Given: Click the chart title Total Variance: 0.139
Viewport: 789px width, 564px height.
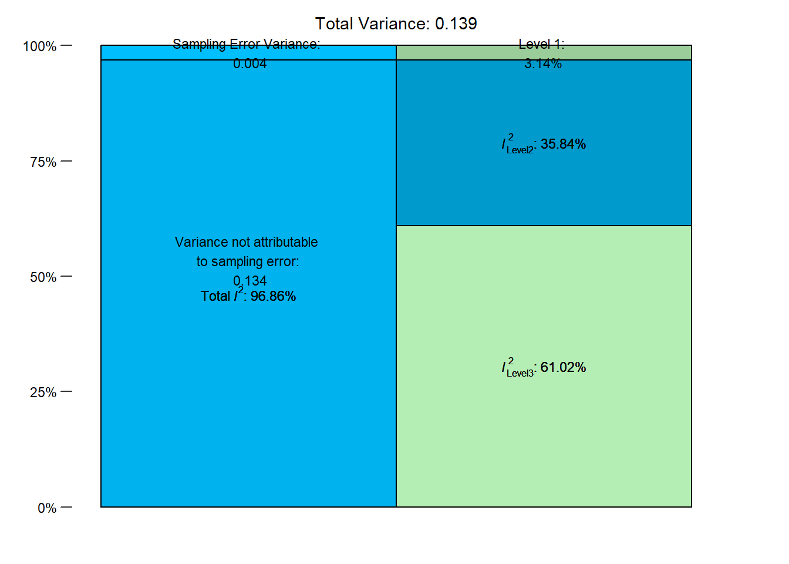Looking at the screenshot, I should [x=396, y=23].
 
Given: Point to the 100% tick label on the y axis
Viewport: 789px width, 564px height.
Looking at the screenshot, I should [x=39, y=46].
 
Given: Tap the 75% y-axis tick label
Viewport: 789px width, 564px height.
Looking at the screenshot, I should [x=43, y=162].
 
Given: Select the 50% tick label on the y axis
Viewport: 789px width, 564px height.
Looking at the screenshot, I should [x=43, y=277].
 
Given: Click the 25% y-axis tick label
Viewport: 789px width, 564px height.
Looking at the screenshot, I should [x=43, y=392].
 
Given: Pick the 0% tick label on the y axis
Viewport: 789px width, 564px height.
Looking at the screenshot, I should [x=46, y=508].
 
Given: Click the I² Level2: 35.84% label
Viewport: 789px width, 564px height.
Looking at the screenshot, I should [x=544, y=144].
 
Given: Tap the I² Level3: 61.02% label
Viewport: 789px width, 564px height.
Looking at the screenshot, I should [x=544, y=367].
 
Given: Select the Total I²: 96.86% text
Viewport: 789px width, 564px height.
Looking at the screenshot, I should [x=248, y=296].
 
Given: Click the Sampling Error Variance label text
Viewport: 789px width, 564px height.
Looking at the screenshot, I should [x=247, y=44].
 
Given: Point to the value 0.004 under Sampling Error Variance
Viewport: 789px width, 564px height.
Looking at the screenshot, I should [x=249, y=63].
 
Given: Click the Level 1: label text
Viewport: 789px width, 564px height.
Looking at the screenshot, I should [x=541, y=44].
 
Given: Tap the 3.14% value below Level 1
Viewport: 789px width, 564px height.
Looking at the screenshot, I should [x=543, y=63].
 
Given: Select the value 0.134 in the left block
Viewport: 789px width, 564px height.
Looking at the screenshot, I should [x=249, y=280].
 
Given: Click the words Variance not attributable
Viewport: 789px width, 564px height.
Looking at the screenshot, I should [x=247, y=242].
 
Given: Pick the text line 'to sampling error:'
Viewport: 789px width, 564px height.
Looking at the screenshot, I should [x=248, y=261].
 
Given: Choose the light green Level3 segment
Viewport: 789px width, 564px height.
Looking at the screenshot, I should [x=544, y=435].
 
